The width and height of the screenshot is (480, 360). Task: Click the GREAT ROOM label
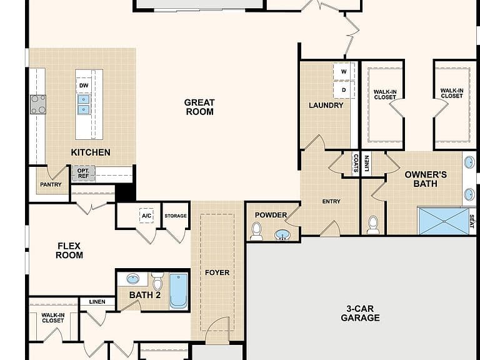[199, 107]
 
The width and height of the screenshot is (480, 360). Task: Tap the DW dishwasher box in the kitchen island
[84, 86]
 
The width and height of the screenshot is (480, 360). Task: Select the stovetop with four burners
[38, 104]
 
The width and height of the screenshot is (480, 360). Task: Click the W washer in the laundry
[344, 72]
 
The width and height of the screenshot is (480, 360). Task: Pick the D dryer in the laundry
[344, 90]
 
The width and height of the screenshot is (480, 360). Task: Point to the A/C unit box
[146, 216]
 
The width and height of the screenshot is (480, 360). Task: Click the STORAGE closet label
[176, 216]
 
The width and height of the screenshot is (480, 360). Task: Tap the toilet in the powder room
[256, 231]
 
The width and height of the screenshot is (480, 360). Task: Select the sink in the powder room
[282, 235]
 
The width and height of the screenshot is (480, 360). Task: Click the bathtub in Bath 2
[179, 291]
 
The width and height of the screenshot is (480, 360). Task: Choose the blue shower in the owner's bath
[444, 221]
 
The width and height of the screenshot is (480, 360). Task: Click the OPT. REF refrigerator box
[83, 174]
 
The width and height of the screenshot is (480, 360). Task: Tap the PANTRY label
[51, 184]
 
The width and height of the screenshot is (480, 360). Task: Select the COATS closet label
[356, 163]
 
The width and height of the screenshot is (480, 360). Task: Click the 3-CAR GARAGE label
[360, 313]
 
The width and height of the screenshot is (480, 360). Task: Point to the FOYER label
[217, 272]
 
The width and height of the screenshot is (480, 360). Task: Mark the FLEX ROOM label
[69, 251]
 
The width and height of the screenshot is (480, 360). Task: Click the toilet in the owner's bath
[373, 225]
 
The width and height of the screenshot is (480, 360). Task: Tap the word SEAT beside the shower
[472, 221]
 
